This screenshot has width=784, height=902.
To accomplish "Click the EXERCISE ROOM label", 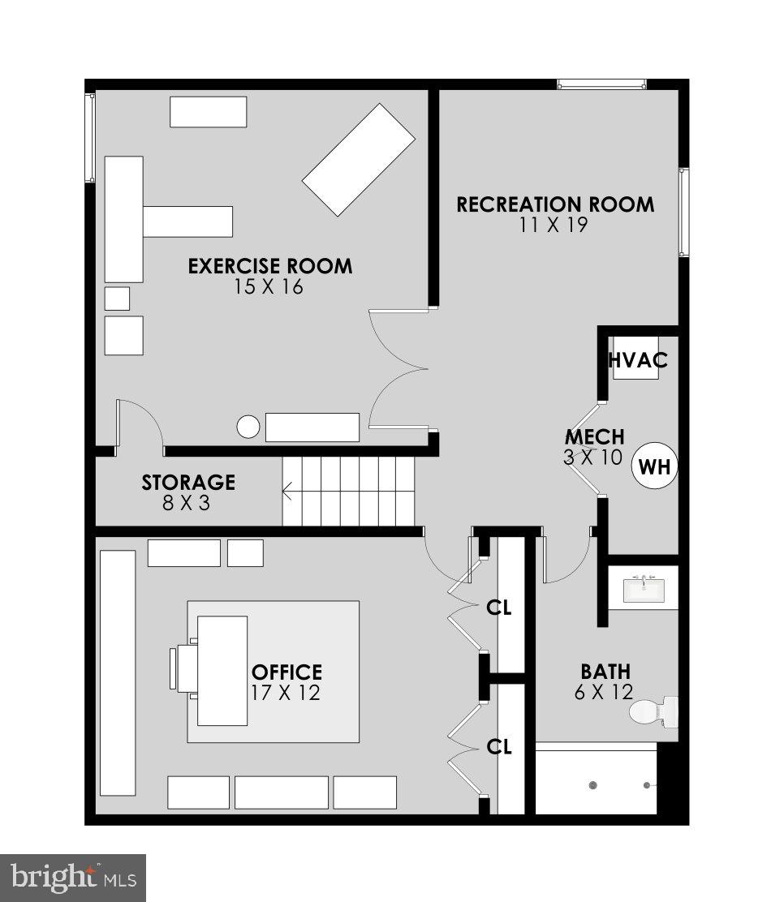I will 270,266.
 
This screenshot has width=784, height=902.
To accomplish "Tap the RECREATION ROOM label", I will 554,204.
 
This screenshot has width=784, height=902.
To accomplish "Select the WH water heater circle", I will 654,466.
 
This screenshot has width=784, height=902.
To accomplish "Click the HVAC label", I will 639,360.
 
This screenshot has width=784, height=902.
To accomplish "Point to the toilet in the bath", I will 654,711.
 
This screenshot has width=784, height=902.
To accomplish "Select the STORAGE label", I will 188,483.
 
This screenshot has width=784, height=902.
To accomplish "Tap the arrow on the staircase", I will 287,489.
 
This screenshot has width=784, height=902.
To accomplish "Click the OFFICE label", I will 286,672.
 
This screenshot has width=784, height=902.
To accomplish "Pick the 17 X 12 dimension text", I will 286,693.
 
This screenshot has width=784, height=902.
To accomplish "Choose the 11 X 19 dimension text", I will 554,225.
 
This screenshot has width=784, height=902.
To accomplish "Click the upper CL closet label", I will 498,607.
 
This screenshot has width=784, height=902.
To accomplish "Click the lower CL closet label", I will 498,746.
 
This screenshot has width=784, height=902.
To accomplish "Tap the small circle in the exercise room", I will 248,426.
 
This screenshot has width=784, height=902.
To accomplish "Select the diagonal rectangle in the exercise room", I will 359,160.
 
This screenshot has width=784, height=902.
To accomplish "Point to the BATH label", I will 605,672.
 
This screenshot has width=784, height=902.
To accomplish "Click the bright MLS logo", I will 72,878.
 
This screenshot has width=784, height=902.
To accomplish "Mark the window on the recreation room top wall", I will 601,84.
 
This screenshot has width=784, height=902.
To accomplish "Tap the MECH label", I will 595,438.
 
